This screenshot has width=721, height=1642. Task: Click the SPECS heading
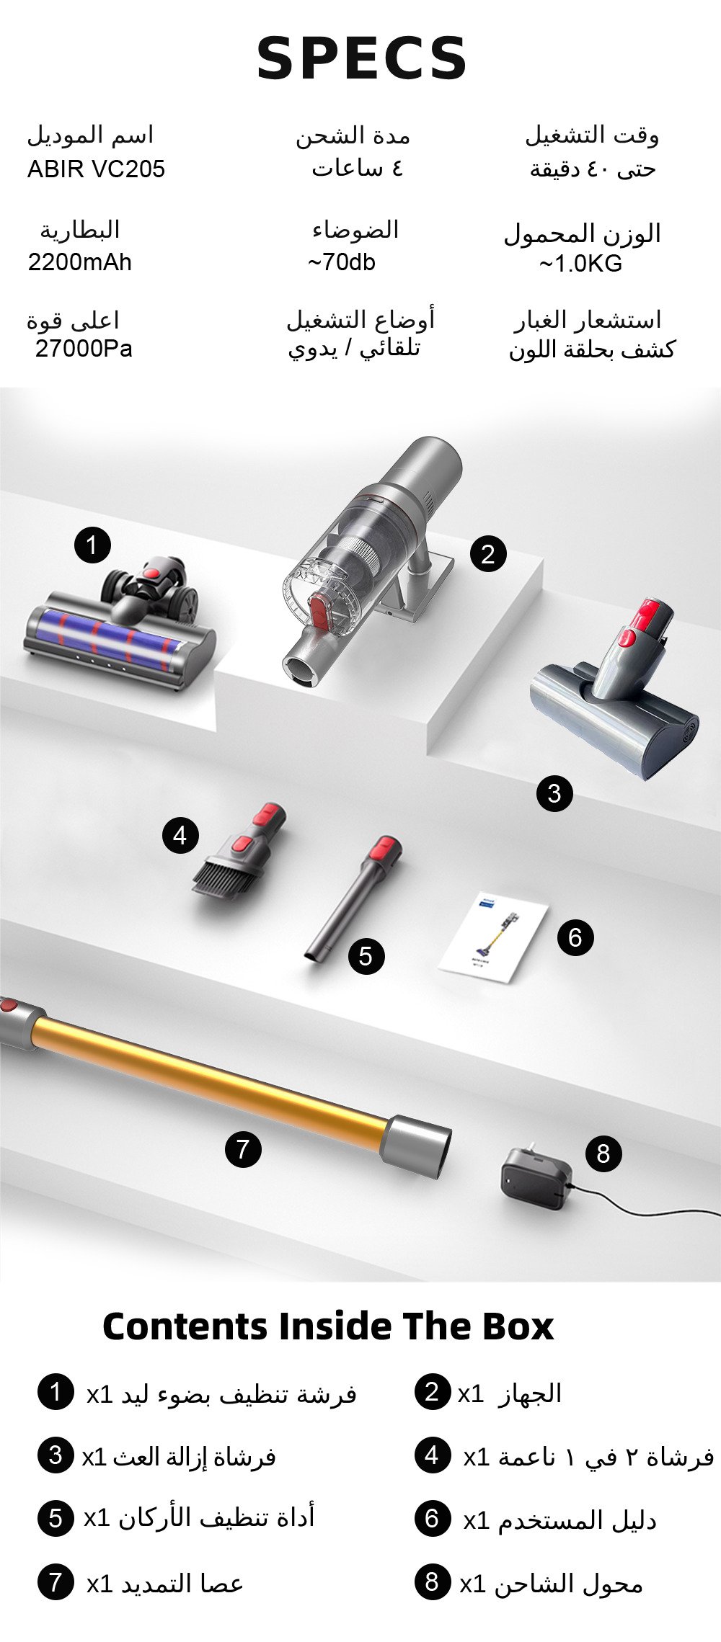coord(362,58)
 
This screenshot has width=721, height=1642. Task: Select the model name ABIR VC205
coord(96,169)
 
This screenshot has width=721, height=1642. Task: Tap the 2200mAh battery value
coord(80,262)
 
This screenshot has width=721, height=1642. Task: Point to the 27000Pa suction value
coord(84,349)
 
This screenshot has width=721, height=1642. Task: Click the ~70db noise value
coord(342,262)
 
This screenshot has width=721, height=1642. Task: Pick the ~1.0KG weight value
coord(580,264)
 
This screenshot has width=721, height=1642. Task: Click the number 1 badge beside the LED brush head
coord(92,545)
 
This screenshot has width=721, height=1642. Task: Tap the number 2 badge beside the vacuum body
coord(488,554)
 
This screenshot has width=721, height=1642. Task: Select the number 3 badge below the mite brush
coord(554,793)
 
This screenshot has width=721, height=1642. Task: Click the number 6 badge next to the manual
coord(575,937)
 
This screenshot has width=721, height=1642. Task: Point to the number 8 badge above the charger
coord(603,1154)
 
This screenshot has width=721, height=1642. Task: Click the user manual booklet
coord(493,937)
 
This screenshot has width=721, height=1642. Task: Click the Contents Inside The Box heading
coord(328,1326)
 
